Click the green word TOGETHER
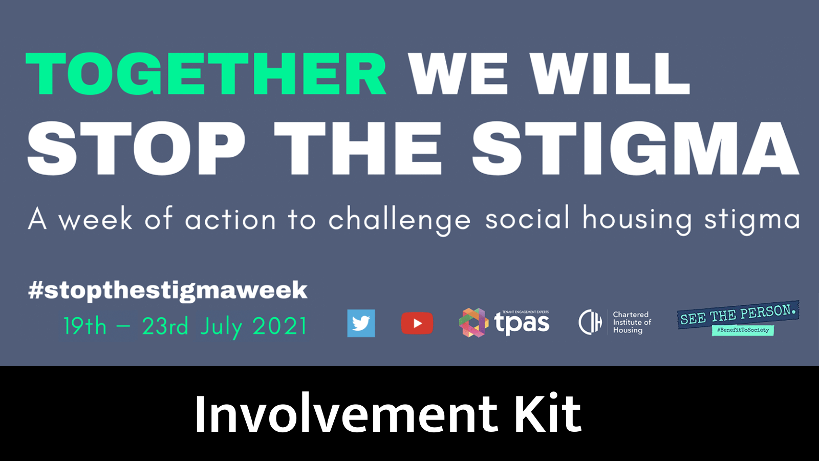click(206, 75)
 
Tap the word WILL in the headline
click(610, 75)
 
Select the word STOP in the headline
click(136, 149)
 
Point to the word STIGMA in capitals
click(635, 149)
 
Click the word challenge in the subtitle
click(399, 220)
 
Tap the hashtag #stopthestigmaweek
click(168, 290)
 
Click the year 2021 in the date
click(279, 326)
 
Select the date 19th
click(85, 326)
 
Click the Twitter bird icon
click(361, 323)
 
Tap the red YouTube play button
click(417, 323)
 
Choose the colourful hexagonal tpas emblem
click(473, 323)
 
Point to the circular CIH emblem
click(590, 322)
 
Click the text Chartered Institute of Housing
click(632, 322)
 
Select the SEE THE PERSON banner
click(738, 314)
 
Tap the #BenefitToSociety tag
click(743, 330)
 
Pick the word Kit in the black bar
click(548, 414)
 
